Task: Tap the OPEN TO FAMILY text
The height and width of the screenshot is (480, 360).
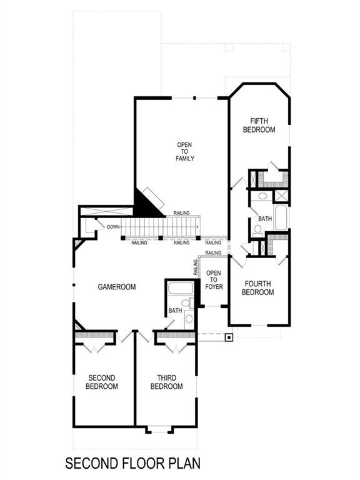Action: (185, 152)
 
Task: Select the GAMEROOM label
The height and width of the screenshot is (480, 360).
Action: (117, 287)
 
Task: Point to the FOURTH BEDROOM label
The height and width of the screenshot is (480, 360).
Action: (257, 288)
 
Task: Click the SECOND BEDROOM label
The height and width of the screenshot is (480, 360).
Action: (102, 382)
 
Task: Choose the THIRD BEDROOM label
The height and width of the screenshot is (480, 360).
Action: (166, 382)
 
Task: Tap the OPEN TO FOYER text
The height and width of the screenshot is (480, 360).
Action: (214, 281)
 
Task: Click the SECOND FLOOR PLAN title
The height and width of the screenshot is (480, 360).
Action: (132, 464)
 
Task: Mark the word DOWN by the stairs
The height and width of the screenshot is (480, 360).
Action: (113, 227)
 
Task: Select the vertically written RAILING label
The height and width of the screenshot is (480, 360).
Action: (196, 267)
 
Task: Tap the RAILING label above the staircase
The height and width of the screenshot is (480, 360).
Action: (182, 214)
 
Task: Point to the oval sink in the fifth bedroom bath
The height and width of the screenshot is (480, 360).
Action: (263, 196)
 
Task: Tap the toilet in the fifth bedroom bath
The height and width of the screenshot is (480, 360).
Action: (258, 229)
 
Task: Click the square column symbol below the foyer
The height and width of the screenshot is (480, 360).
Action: (229, 338)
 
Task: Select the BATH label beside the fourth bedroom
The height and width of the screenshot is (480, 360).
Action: (265, 219)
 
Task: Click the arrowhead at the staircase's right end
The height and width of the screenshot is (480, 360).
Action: (198, 227)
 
